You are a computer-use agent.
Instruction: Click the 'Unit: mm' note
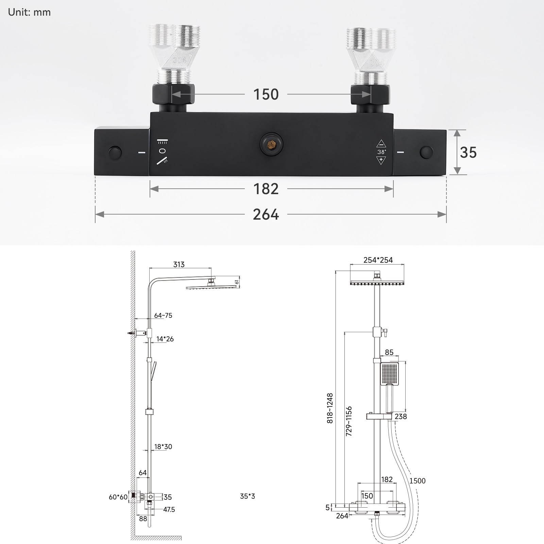coord(29,12)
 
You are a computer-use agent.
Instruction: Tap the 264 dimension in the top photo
coord(266,215)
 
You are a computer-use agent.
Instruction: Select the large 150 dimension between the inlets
coord(266,94)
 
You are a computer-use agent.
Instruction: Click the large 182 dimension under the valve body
coord(266,189)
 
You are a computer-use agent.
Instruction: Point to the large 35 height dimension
coord(468,152)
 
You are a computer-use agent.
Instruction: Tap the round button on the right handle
coord(427,152)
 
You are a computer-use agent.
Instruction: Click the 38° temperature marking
coord(381,152)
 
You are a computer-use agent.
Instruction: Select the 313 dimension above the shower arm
coord(179,264)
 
